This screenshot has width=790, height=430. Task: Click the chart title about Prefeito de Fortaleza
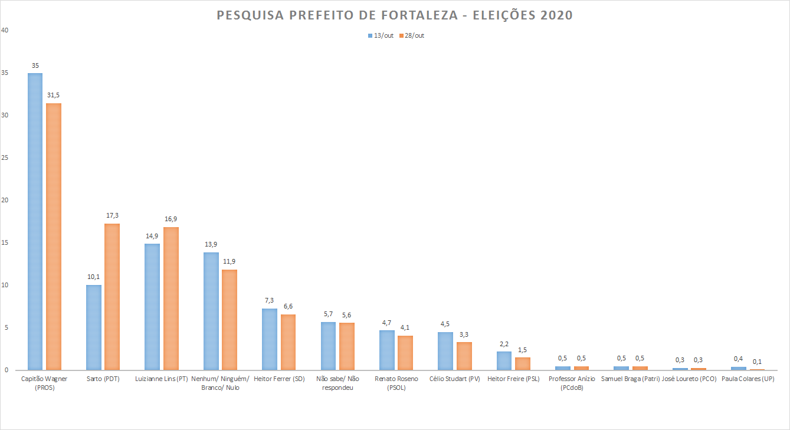395,15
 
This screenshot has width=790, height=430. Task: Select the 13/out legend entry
380,35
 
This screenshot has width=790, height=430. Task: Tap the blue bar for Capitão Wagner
35,221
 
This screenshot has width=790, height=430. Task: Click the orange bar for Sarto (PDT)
112,297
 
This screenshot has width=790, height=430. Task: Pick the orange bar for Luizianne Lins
171,298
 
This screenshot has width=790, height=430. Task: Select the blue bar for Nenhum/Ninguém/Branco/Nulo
211,311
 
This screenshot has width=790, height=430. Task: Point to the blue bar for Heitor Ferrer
270,339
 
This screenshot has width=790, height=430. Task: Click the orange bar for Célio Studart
464,356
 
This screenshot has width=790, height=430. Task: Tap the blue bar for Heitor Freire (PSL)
504,360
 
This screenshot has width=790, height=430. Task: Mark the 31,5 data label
54,95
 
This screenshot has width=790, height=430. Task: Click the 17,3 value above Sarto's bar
112,215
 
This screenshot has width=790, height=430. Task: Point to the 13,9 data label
211,244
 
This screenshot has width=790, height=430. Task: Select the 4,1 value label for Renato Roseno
405,327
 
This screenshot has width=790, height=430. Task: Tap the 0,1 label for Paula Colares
757,361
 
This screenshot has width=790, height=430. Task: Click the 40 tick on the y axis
5,30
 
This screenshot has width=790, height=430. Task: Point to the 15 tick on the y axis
5,242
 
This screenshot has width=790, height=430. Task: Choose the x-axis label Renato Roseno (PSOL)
396,383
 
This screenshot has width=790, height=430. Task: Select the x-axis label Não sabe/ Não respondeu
337,383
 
